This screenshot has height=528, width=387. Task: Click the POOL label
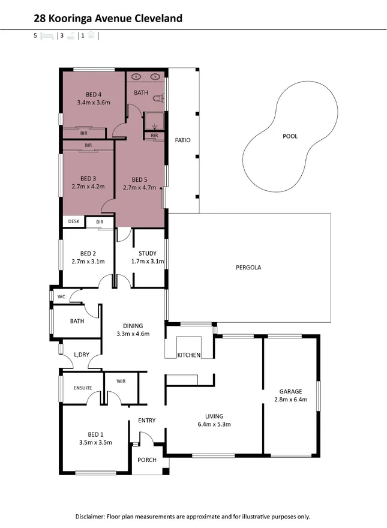[290, 136]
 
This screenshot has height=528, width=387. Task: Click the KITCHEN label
[188, 356]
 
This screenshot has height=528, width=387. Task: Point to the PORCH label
[147, 460]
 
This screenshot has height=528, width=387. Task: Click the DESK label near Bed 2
[74, 221]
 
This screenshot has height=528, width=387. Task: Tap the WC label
[61, 297]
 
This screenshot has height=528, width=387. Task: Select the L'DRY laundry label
[81, 355]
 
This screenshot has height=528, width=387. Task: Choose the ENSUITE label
[83, 388]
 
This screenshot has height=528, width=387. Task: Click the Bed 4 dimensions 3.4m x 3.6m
[94, 103]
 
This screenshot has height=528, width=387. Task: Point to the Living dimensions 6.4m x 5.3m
[214, 424]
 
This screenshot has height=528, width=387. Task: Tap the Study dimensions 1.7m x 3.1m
[147, 262]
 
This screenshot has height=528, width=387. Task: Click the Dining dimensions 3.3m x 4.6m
[132, 334]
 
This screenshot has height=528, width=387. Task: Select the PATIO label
[182, 140]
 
